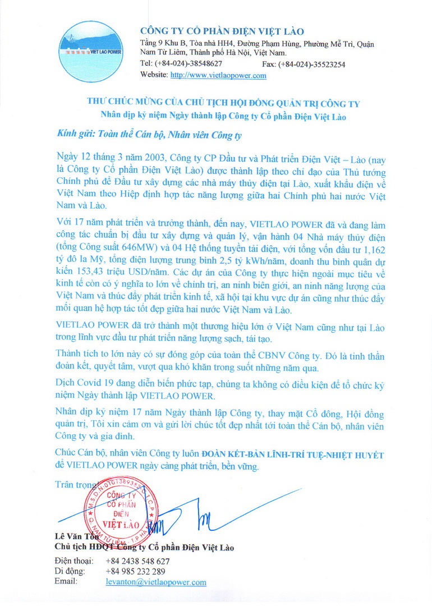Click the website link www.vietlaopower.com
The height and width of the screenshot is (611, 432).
(x=218, y=75)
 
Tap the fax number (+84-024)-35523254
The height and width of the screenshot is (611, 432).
(x=311, y=64)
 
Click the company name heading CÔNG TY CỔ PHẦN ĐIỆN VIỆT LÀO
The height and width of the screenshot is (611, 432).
(x=222, y=31)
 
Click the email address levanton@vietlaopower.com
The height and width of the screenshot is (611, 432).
(x=155, y=582)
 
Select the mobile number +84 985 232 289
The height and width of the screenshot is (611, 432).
(x=135, y=572)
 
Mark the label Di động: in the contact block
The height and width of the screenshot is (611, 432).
(x=70, y=572)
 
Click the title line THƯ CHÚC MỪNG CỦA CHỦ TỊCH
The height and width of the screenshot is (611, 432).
(x=223, y=104)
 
